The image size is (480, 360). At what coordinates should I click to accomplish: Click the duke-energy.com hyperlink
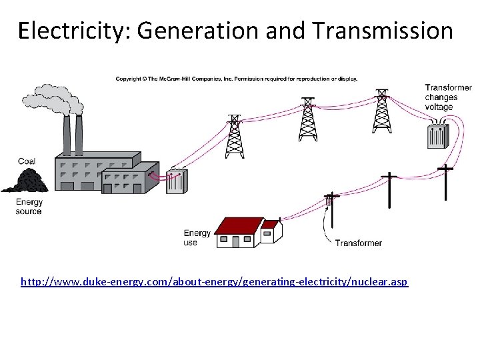(x=214, y=282)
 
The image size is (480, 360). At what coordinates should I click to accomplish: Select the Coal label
(x=27, y=161)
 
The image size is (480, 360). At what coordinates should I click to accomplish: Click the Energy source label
(x=29, y=207)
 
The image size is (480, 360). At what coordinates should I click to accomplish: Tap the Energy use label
(x=197, y=238)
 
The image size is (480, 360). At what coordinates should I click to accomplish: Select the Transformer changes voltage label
(x=448, y=97)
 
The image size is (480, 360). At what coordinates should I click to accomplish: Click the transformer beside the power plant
(x=177, y=181)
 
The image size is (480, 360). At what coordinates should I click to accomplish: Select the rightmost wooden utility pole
(x=446, y=182)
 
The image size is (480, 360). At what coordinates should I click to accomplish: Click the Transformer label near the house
(x=359, y=243)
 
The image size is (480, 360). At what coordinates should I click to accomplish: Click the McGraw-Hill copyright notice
(x=236, y=79)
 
